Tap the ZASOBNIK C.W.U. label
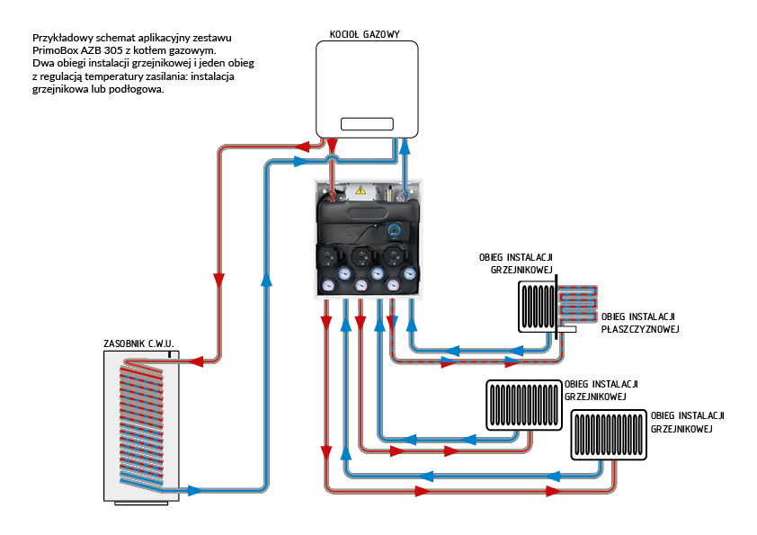(x=138, y=343)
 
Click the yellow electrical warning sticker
(x=361, y=189)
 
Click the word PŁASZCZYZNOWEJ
(x=639, y=329)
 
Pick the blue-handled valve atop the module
(x=405, y=191)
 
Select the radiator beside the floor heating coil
(x=537, y=306)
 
